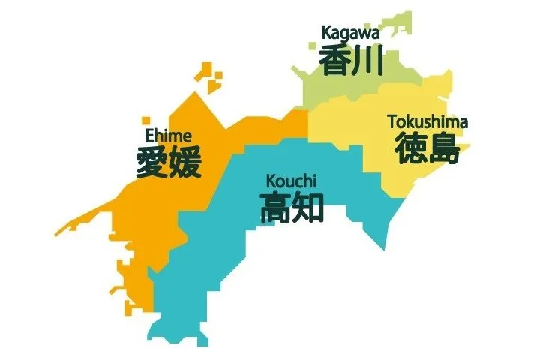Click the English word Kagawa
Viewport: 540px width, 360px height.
tap(350, 33)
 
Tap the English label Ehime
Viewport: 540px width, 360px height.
tap(168, 136)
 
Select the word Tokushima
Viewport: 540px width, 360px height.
tap(427, 121)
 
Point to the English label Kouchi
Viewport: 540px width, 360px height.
tap(292, 181)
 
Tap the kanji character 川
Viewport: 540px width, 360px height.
tap(367, 61)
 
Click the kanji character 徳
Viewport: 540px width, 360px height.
tap(411, 148)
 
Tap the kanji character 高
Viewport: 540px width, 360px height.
tap(276, 207)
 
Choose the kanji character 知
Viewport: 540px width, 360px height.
tap(308, 207)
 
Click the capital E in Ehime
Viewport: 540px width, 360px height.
tap(149, 136)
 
